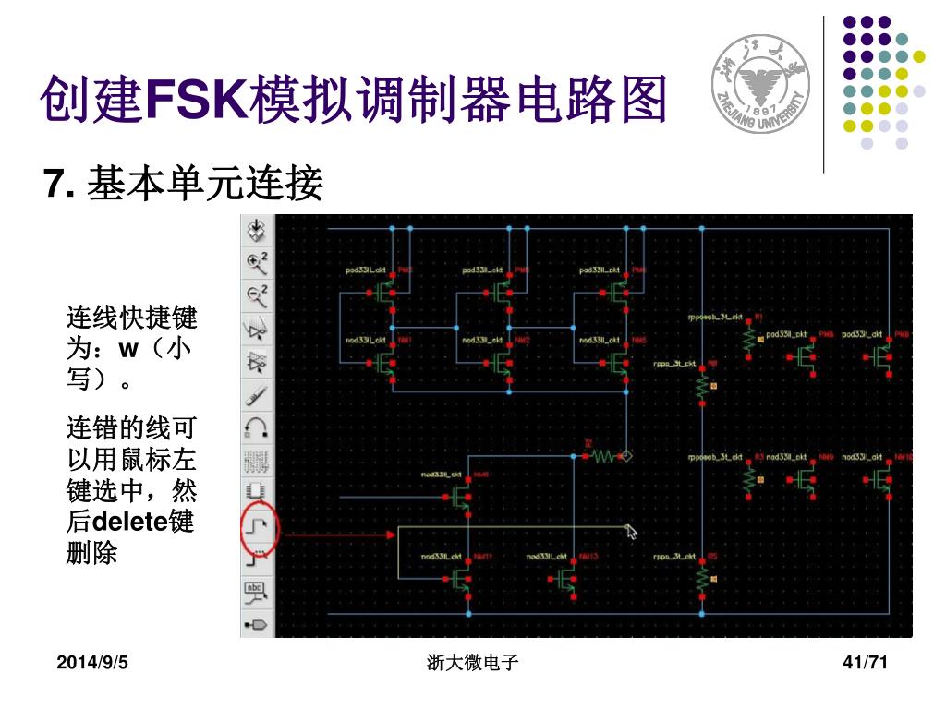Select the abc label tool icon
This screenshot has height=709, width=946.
coord(256,592)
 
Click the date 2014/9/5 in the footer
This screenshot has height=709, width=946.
coord(92,662)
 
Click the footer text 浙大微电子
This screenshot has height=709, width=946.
coord(473,662)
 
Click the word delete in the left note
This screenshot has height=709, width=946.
coord(129,522)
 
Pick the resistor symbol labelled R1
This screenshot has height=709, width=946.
coord(748,340)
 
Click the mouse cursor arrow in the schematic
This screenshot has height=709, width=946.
coord(631,530)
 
